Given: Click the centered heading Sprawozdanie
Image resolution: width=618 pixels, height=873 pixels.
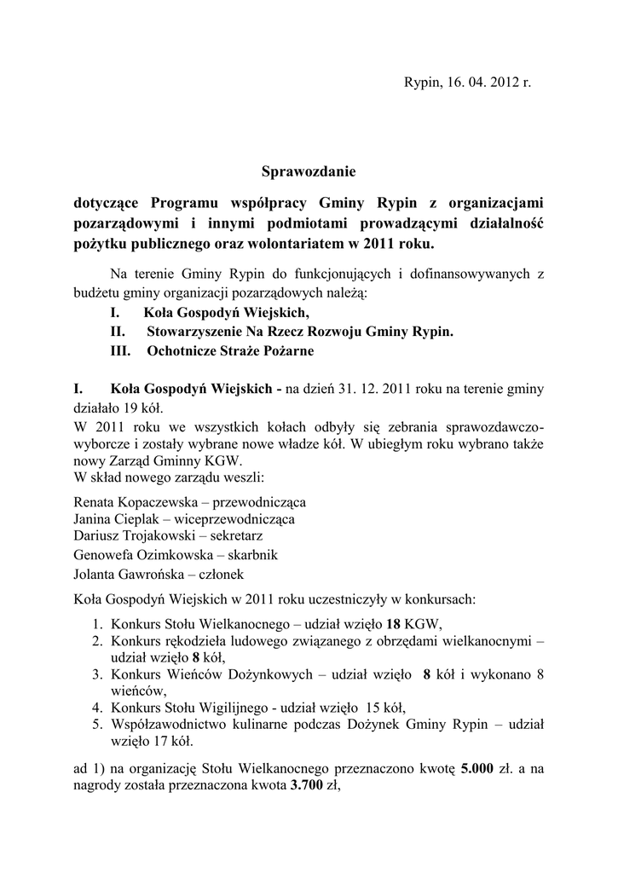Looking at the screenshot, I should [309, 171].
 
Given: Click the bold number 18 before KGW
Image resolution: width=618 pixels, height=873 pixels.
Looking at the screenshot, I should [394, 622].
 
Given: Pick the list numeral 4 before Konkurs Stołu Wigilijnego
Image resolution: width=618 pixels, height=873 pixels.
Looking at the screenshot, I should [98, 707].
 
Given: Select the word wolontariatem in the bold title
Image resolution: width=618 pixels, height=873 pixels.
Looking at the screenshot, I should [285, 244].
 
